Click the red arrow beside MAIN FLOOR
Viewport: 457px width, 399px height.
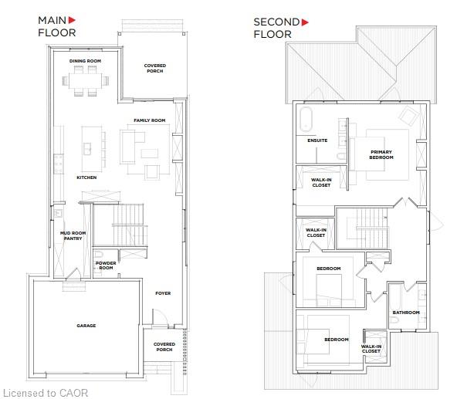pyautogui.click(x=72, y=20)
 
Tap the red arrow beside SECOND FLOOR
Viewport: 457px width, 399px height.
pyautogui.click(x=305, y=22)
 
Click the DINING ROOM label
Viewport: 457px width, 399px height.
pyautogui.click(x=85, y=61)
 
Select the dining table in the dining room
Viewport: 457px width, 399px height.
pyautogui.click(x=85, y=81)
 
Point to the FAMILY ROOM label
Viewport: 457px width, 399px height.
pyautogui.click(x=150, y=120)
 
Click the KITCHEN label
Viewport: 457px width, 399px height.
pyautogui.click(x=86, y=178)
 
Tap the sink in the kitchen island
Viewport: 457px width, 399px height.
pyautogui.click(x=87, y=149)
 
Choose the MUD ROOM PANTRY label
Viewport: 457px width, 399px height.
pyautogui.click(x=73, y=236)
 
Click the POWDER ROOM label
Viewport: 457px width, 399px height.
pyautogui.click(x=106, y=265)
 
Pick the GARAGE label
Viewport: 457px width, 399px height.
pyautogui.click(x=86, y=326)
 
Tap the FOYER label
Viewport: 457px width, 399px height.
pyautogui.click(x=163, y=293)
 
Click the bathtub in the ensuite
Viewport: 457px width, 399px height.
pyautogui.click(x=306, y=120)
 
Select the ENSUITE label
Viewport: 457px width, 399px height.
pyautogui.click(x=317, y=140)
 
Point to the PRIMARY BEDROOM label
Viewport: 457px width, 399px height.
pyautogui.click(x=381, y=154)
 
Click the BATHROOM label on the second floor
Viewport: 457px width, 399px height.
pyautogui.click(x=406, y=313)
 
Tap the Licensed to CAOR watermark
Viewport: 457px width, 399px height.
pyautogui.click(x=46, y=393)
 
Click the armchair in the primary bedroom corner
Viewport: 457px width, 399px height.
pyautogui.click(x=408, y=116)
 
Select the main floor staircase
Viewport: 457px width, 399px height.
pyautogui.click(x=128, y=225)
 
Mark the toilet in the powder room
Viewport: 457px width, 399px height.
pyautogui.click(x=97, y=254)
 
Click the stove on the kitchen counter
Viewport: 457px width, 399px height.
pyautogui.click(x=59, y=164)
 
